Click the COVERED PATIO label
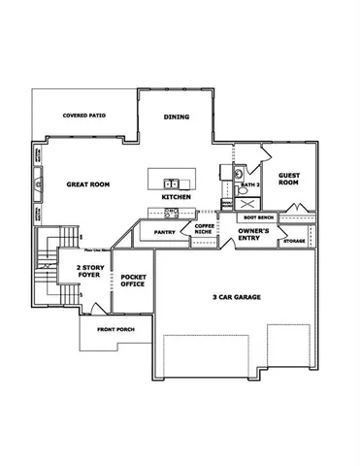(x=84, y=116)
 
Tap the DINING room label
(x=176, y=117)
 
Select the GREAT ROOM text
(x=85, y=183)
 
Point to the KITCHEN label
(x=176, y=197)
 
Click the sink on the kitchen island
(x=170, y=182)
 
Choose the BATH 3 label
(x=249, y=184)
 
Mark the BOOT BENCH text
(x=258, y=217)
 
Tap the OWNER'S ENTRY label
(x=254, y=235)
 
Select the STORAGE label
(x=295, y=241)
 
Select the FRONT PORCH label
(x=115, y=330)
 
